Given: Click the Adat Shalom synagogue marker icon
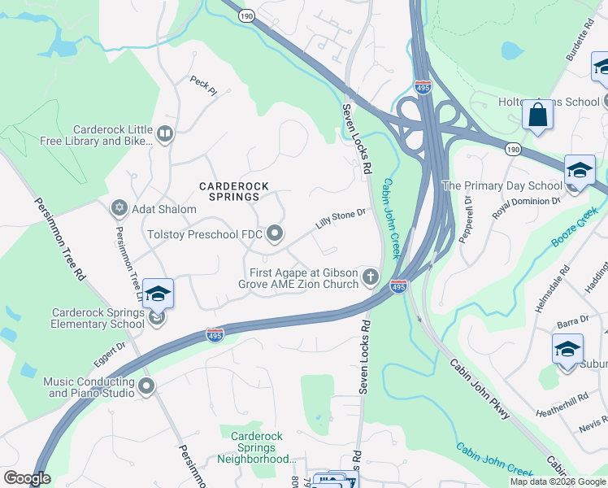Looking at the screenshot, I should (119, 209).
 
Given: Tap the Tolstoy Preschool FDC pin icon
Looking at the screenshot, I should (275, 234).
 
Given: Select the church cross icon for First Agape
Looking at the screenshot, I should (371, 277).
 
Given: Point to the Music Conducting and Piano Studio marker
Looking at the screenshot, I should (146, 387).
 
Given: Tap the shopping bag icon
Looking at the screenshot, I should (538, 115).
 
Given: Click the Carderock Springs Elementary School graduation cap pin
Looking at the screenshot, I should (158, 294).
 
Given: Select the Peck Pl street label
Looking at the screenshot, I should (203, 85).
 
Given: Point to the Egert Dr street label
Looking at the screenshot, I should (111, 351).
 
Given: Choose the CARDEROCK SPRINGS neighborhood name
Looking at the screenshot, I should (229, 191).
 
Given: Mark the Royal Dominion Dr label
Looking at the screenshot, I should (527, 207).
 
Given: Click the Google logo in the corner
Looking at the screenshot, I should (27, 478).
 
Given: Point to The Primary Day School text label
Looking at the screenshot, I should (502, 185).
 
